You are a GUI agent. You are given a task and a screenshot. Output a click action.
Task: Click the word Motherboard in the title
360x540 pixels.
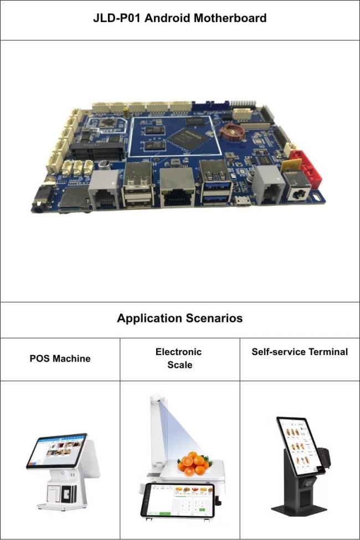tap(230, 18)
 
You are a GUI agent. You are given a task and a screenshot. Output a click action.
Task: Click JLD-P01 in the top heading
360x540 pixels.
tap(117, 18)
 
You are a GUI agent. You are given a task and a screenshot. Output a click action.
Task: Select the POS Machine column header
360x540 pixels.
tap(60, 358)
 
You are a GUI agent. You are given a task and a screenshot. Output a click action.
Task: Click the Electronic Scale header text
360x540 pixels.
tap(179, 358)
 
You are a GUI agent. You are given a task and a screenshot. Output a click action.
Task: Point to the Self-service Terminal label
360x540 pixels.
tap(300, 352)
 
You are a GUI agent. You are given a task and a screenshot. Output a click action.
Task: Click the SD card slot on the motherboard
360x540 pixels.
tap(74, 199)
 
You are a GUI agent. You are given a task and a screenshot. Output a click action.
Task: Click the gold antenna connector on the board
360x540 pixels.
tap(126, 112)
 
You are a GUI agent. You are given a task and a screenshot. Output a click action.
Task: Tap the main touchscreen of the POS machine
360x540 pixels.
tap(57, 450)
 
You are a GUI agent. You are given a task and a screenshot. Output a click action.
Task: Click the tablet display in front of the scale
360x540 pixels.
tap(178, 500)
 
